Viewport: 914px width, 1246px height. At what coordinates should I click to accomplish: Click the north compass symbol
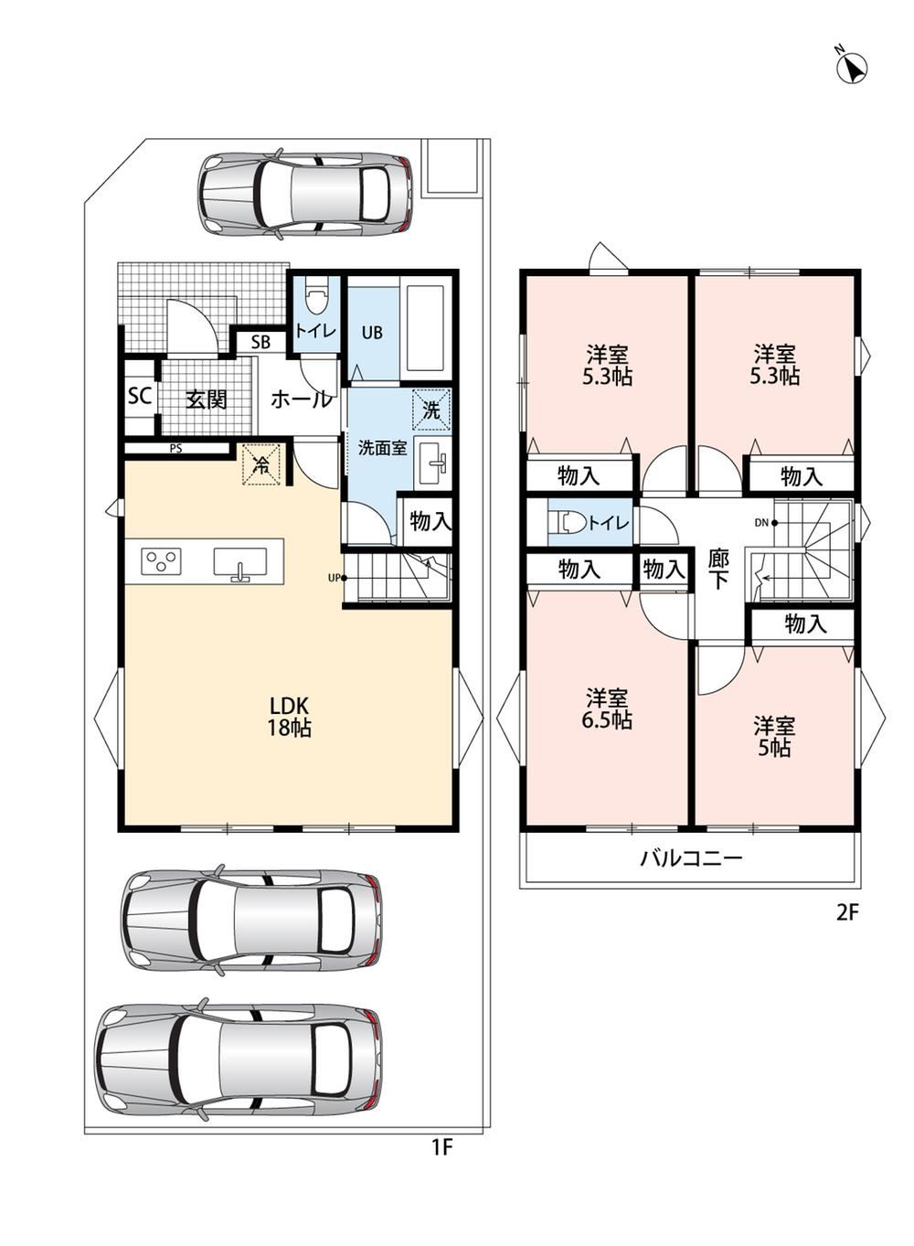pyautogui.click(x=852, y=68)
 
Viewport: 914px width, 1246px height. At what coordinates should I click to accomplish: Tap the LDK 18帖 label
pyautogui.click(x=289, y=717)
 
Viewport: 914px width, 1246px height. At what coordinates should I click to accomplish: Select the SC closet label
pyautogui.click(x=140, y=396)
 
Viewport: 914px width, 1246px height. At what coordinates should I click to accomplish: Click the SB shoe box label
pyautogui.click(x=260, y=342)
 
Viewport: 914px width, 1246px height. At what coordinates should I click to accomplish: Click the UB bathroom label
pyautogui.click(x=372, y=333)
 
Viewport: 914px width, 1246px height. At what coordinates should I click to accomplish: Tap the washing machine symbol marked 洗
pyautogui.click(x=431, y=410)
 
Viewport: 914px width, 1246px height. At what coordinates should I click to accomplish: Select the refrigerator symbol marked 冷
pyautogui.click(x=260, y=464)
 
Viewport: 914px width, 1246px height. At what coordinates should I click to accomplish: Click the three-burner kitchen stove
pyautogui.click(x=162, y=560)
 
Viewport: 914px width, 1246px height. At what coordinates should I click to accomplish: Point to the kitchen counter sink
pyautogui.click(x=240, y=563)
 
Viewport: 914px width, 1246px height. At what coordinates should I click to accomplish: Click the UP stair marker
pyautogui.click(x=337, y=578)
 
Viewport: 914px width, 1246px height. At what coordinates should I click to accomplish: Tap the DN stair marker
pyautogui.click(x=765, y=522)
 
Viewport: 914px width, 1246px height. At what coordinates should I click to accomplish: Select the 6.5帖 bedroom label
pyautogui.click(x=607, y=709)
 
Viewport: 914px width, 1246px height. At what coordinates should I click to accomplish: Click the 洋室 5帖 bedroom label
pyautogui.click(x=774, y=737)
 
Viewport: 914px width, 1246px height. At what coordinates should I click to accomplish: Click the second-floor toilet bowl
pyautogui.click(x=569, y=522)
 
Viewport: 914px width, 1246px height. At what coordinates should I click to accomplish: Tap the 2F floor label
pyautogui.click(x=848, y=913)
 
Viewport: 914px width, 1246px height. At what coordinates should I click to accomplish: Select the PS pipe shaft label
pyautogui.click(x=175, y=448)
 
